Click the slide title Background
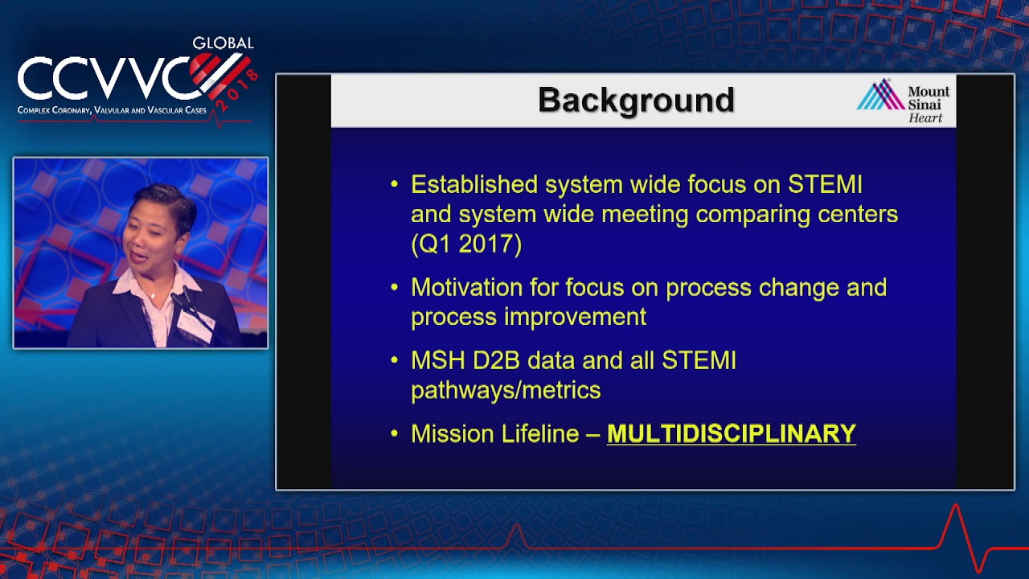(636, 101)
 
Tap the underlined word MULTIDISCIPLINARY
(731, 434)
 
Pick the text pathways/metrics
(506, 391)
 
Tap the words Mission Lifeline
(494, 434)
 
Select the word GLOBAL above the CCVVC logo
(223, 43)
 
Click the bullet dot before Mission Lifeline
(394, 434)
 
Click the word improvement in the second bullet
(575, 317)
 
